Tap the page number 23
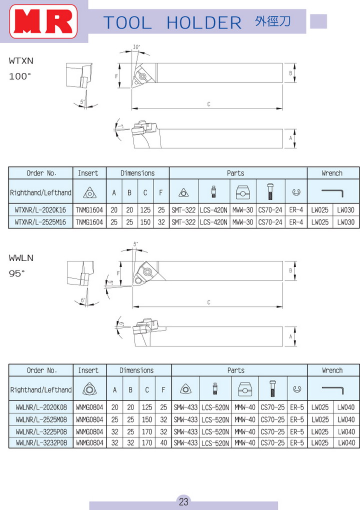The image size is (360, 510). point(183,501)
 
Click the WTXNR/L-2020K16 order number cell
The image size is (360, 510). point(41,210)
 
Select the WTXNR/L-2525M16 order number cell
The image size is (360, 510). point(41,222)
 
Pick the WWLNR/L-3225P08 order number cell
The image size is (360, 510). point(41,431)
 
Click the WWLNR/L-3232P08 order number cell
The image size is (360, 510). point(41,442)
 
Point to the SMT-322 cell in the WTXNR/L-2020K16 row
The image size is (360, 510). point(183,210)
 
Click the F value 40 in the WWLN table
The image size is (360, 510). point(163,442)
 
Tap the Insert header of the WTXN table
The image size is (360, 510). point(88,173)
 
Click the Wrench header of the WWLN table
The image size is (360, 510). point(332,370)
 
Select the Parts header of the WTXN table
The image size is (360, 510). point(235,173)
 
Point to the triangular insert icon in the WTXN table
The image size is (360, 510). point(88,192)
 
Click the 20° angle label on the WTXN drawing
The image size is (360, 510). point(137,47)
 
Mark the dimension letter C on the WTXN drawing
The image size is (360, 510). point(208,104)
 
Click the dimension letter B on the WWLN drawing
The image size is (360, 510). point(290,270)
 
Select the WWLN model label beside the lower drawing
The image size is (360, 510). point(21,258)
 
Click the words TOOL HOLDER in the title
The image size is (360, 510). point(172,22)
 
